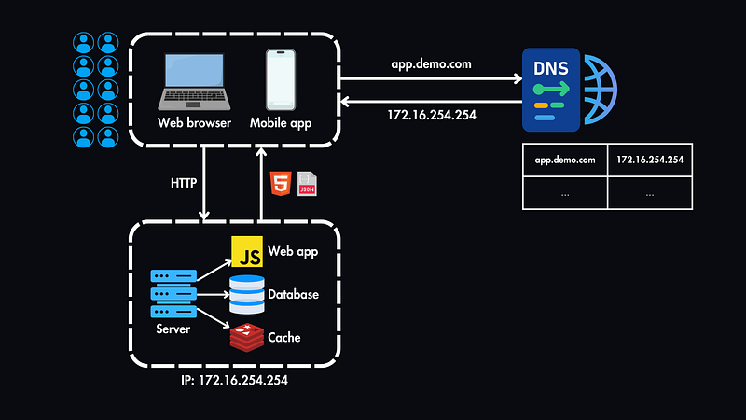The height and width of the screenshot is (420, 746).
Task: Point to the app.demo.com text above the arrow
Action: click(432, 63)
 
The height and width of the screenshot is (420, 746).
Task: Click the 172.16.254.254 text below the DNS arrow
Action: click(432, 115)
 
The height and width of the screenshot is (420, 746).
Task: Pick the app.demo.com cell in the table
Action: click(565, 160)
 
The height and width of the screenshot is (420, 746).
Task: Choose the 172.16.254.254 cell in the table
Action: click(649, 160)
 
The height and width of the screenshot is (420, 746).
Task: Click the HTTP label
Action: click(184, 184)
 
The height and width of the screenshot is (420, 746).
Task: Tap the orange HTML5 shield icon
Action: click(279, 184)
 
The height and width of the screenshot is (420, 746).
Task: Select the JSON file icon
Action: click(306, 184)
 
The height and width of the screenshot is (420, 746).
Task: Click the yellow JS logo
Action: click(246, 252)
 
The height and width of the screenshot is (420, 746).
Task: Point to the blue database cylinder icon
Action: click(246, 294)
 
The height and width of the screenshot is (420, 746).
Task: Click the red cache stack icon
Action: click(246, 336)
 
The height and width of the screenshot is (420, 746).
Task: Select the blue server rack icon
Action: click(173, 293)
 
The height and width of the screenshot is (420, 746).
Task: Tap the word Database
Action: click(293, 294)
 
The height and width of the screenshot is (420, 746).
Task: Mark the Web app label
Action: click(294, 252)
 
